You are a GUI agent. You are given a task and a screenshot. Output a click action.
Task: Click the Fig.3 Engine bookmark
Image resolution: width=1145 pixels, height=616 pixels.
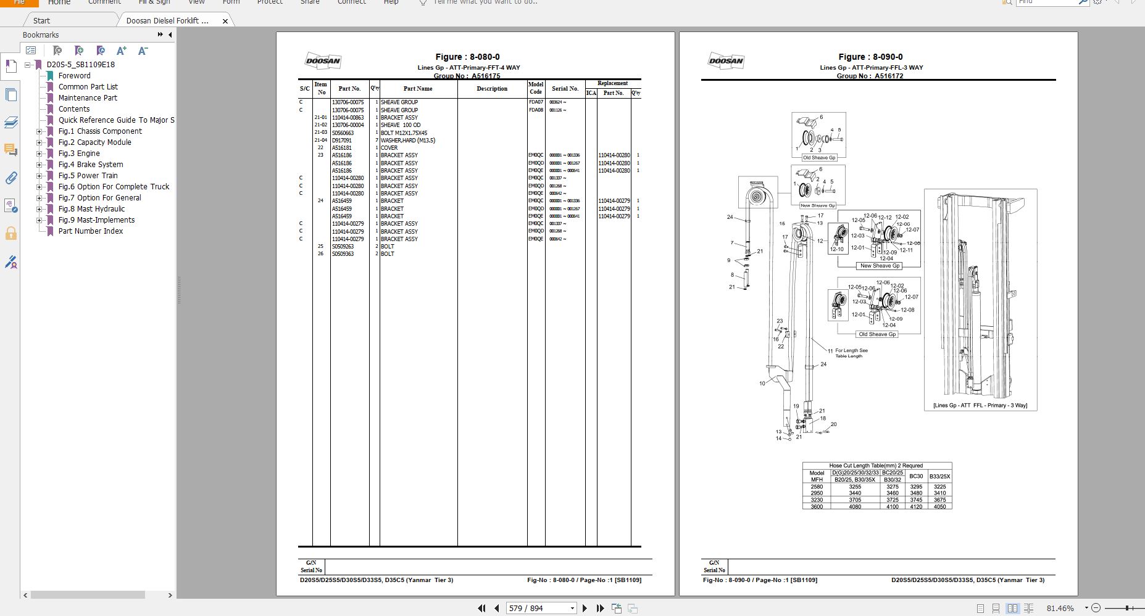click(x=78, y=154)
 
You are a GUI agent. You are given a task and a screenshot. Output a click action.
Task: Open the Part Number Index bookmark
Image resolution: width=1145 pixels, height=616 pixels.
click(x=90, y=231)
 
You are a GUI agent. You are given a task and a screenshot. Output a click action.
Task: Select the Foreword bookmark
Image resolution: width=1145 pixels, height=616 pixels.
click(x=74, y=76)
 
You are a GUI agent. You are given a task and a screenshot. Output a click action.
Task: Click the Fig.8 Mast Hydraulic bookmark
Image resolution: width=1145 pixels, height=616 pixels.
click(x=91, y=209)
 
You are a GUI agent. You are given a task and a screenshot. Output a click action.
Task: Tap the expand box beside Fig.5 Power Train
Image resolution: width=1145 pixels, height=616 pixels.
click(x=39, y=176)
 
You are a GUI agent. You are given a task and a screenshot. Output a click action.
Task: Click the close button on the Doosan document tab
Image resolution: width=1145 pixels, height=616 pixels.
click(x=225, y=21)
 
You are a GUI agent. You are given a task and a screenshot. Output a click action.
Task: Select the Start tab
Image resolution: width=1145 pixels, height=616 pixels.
click(x=41, y=21)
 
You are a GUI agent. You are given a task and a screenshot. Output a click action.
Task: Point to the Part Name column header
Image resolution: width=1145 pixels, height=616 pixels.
click(x=418, y=89)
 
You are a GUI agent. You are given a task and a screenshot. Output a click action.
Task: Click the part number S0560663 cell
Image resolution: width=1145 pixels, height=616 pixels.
click(x=343, y=133)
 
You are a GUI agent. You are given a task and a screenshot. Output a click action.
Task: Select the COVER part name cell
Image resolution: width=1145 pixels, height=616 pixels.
click(x=389, y=148)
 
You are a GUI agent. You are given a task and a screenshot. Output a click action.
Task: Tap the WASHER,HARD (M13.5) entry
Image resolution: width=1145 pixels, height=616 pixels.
click(x=407, y=141)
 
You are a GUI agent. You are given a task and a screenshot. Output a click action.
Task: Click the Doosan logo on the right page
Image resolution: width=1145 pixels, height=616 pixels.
click(x=726, y=60)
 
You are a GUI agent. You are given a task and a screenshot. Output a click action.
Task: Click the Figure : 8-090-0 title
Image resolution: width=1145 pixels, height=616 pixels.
click(x=870, y=57)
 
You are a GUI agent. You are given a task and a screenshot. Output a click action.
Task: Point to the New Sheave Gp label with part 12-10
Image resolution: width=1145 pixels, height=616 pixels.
click(x=880, y=266)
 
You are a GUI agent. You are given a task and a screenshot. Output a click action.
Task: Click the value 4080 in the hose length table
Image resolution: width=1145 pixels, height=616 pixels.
click(x=855, y=507)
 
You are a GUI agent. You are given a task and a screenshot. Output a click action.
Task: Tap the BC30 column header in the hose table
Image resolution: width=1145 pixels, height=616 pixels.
click(x=916, y=476)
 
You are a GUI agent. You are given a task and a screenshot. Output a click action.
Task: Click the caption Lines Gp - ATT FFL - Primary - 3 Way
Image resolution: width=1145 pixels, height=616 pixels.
click(x=980, y=405)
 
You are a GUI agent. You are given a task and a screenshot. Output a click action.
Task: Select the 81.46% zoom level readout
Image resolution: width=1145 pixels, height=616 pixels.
click(x=1060, y=609)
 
